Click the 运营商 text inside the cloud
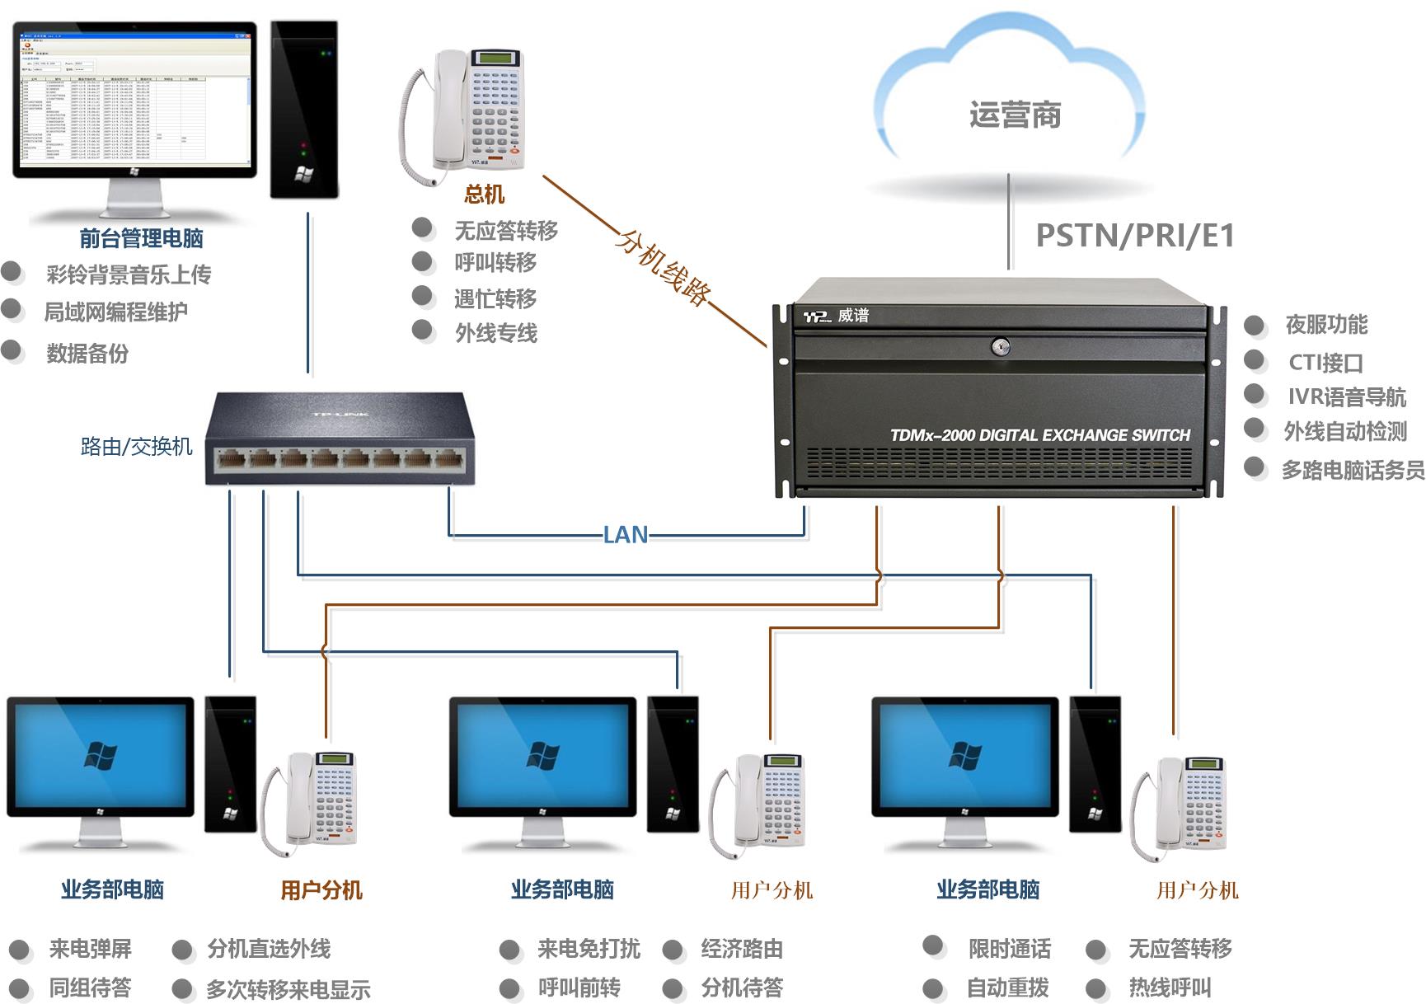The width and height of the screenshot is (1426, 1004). (x=1015, y=115)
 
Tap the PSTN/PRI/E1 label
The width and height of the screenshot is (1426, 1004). (x=1135, y=236)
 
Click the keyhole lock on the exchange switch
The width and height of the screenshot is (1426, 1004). (x=1000, y=347)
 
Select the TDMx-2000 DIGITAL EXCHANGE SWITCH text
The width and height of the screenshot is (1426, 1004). (x=1040, y=435)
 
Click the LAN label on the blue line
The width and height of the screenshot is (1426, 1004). (x=625, y=535)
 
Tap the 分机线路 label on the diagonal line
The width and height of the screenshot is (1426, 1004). (x=663, y=267)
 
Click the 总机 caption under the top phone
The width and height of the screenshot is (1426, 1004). (x=484, y=195)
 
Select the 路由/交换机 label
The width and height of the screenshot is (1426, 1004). (x=136, y=447)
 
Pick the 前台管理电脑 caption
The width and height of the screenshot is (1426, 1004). (x=141, y=239)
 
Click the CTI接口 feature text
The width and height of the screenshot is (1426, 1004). (x=1325, y=363)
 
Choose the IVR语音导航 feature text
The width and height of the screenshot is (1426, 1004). (x=1347, y=397)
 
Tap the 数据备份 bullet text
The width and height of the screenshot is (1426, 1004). (x=87, y=354)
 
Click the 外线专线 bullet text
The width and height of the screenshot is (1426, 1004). (x=496, y=333)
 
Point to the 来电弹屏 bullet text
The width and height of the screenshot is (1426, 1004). (x=90, y=949)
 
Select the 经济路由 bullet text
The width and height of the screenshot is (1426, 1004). (x=742, y=949)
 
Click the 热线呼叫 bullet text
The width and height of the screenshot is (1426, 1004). (x=1170, y=988)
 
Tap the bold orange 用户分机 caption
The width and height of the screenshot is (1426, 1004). (x=321, y=890)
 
